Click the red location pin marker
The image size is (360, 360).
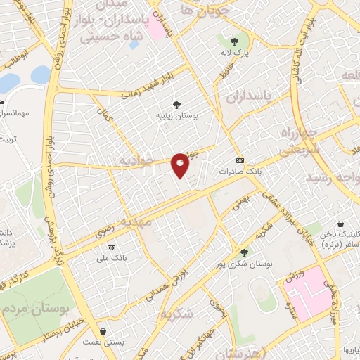click(181, 165)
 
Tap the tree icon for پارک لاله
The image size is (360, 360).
click(235, 40)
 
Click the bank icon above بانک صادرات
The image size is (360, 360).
click(240, 160)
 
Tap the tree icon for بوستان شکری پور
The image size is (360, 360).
click(244, 252)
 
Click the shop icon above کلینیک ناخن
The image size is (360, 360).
click(340, 224)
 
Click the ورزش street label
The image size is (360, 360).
click(294, 275)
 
